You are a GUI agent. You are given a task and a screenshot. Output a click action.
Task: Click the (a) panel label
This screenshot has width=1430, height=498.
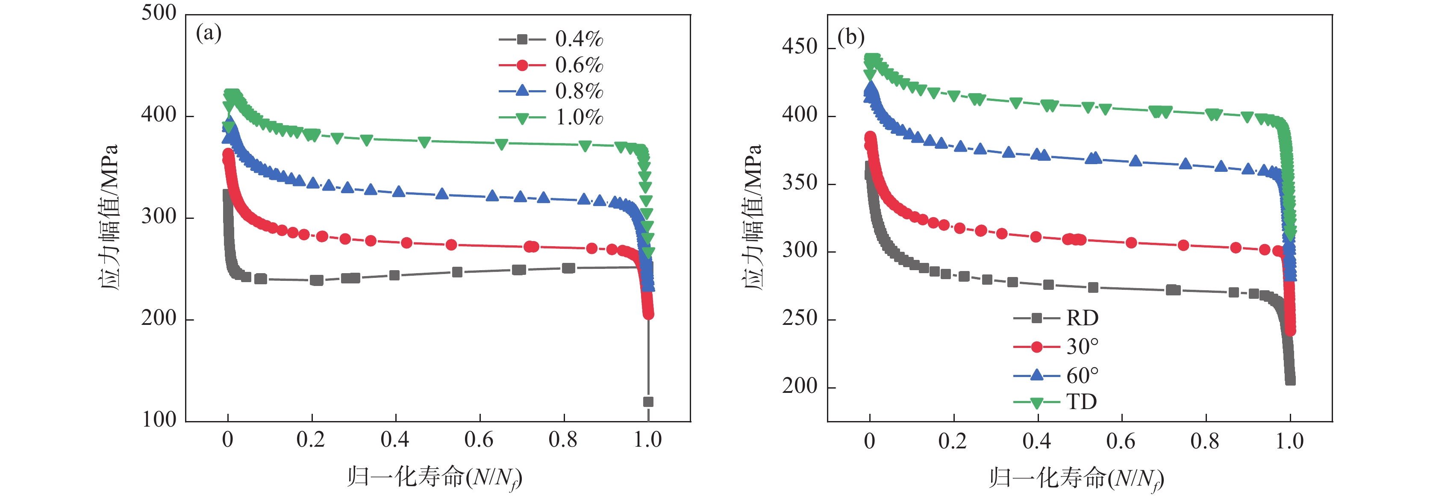[x=209, y=33]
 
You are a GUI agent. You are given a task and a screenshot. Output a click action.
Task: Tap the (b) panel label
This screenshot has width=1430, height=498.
[x=851, y=37]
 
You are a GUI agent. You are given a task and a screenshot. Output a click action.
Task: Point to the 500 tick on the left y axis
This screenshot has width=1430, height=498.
[x=159, y=13]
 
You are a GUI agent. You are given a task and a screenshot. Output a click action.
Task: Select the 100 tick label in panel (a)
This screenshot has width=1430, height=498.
[x=159, y=419]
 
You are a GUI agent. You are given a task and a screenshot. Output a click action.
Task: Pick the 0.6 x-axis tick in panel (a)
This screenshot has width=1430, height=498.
[x=479, y=440]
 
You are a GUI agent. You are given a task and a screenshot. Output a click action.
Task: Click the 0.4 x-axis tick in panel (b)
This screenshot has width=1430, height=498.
[x=1037, y=442]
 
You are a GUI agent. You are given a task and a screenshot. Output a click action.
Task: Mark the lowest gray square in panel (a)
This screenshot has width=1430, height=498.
[x=648, y=401]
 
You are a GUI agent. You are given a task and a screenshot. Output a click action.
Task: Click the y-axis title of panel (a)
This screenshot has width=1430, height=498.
[x=109, y=217]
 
